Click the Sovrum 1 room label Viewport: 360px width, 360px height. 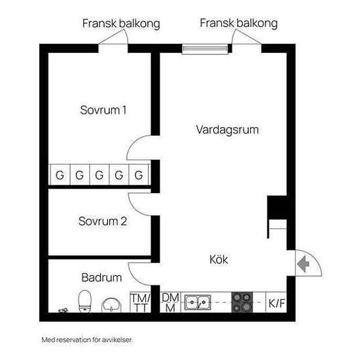[103, 110]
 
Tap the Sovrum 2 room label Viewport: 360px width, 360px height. [103, 221]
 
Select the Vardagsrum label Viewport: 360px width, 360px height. [227, 130]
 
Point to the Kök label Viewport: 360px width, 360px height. [219, 259]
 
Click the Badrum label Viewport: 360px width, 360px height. [101, 278]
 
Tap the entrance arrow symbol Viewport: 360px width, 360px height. [303, 264]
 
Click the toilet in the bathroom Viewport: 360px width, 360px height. [84, 301]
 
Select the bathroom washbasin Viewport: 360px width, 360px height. [111, 306]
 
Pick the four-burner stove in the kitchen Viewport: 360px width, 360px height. [242, 302]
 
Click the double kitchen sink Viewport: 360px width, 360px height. [198, 302]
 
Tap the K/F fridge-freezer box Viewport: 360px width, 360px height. [276, 302]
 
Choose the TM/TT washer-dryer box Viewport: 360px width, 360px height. [140, 302]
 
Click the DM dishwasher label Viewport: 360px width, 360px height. [170, 298]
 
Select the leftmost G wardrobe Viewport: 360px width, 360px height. [60, 175]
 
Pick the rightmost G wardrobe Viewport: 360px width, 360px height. [139, 175]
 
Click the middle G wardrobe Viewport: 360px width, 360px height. [99, 175]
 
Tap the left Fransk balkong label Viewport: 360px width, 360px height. [121, 24]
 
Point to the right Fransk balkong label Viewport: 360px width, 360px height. [238, 23]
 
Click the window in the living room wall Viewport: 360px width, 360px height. [205, 48]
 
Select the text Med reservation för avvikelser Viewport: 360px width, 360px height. [87, 340]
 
